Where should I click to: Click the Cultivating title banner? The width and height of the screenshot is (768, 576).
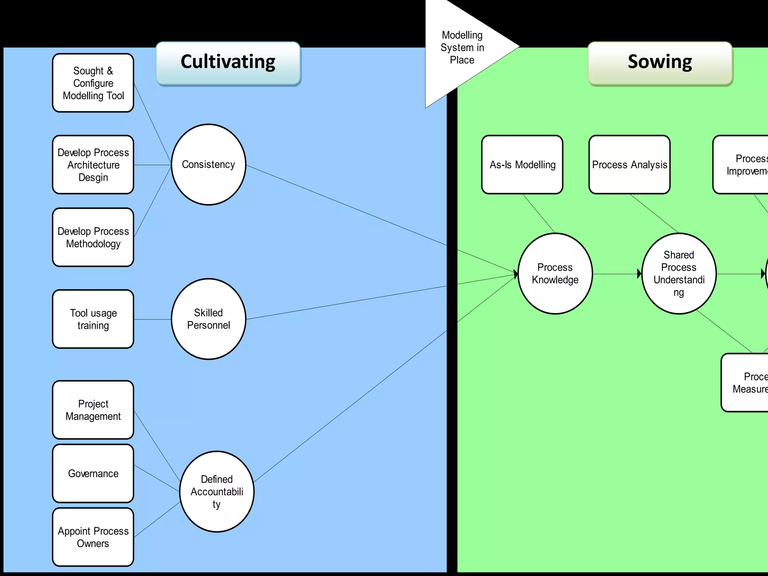point(228,63)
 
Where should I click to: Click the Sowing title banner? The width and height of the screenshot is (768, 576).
point(660,63)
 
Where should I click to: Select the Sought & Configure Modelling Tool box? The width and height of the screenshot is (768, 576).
point(93,83)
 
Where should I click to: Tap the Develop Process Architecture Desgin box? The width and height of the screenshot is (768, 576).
point(93,165)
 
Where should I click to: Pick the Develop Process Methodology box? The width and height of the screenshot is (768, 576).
point(93,237)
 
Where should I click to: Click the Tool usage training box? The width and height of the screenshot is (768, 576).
point(93,319)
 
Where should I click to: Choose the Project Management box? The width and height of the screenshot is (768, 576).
point(93,410)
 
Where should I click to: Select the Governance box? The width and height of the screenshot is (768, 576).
point(93,474)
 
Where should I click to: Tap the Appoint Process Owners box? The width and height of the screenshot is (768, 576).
point(93,537)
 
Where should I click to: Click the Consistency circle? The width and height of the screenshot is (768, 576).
point(208,165)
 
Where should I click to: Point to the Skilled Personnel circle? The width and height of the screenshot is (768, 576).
point(208,319)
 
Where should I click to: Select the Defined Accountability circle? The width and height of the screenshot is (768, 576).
point(217,492)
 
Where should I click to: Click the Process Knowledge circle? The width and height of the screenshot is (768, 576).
point(555,274)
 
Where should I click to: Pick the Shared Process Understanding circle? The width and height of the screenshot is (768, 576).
point(679,274)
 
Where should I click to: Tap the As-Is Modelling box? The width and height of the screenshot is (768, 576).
point(522,165)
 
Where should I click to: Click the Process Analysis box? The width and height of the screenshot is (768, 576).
point(629,165)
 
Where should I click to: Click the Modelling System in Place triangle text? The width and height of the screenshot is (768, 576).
point(462,48)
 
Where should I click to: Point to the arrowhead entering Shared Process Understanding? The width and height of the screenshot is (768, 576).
point(639,274)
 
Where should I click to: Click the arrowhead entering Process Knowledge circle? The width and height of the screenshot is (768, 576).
point(516,274)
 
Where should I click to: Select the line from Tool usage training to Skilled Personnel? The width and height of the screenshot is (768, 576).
point(152,319)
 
